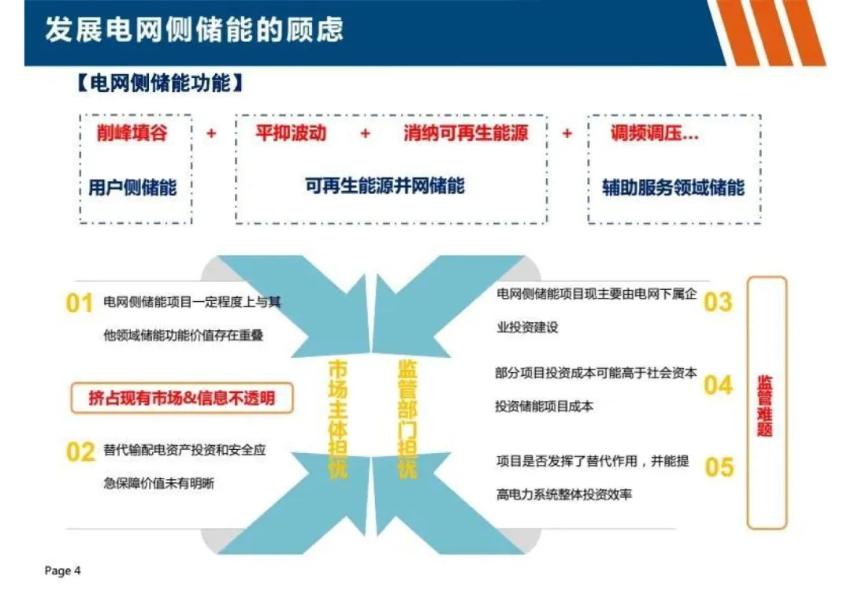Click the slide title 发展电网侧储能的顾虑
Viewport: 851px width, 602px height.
195,31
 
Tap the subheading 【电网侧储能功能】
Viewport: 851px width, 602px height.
159,84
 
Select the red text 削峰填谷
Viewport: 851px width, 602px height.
132,133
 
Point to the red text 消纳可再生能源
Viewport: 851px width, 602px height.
466,133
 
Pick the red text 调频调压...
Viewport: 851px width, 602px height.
654,133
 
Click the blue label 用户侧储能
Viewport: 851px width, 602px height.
132,188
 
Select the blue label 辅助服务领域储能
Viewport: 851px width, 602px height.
673,188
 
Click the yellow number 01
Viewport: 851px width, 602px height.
79,303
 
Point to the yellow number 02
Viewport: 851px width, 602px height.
80,452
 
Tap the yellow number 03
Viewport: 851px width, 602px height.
717,302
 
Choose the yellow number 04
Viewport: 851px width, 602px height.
718,385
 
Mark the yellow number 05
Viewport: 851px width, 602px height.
719,466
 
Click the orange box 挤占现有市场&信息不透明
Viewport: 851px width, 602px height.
181,398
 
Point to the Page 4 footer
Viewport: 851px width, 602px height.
63,570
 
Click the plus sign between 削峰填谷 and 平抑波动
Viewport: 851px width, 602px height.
211,134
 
